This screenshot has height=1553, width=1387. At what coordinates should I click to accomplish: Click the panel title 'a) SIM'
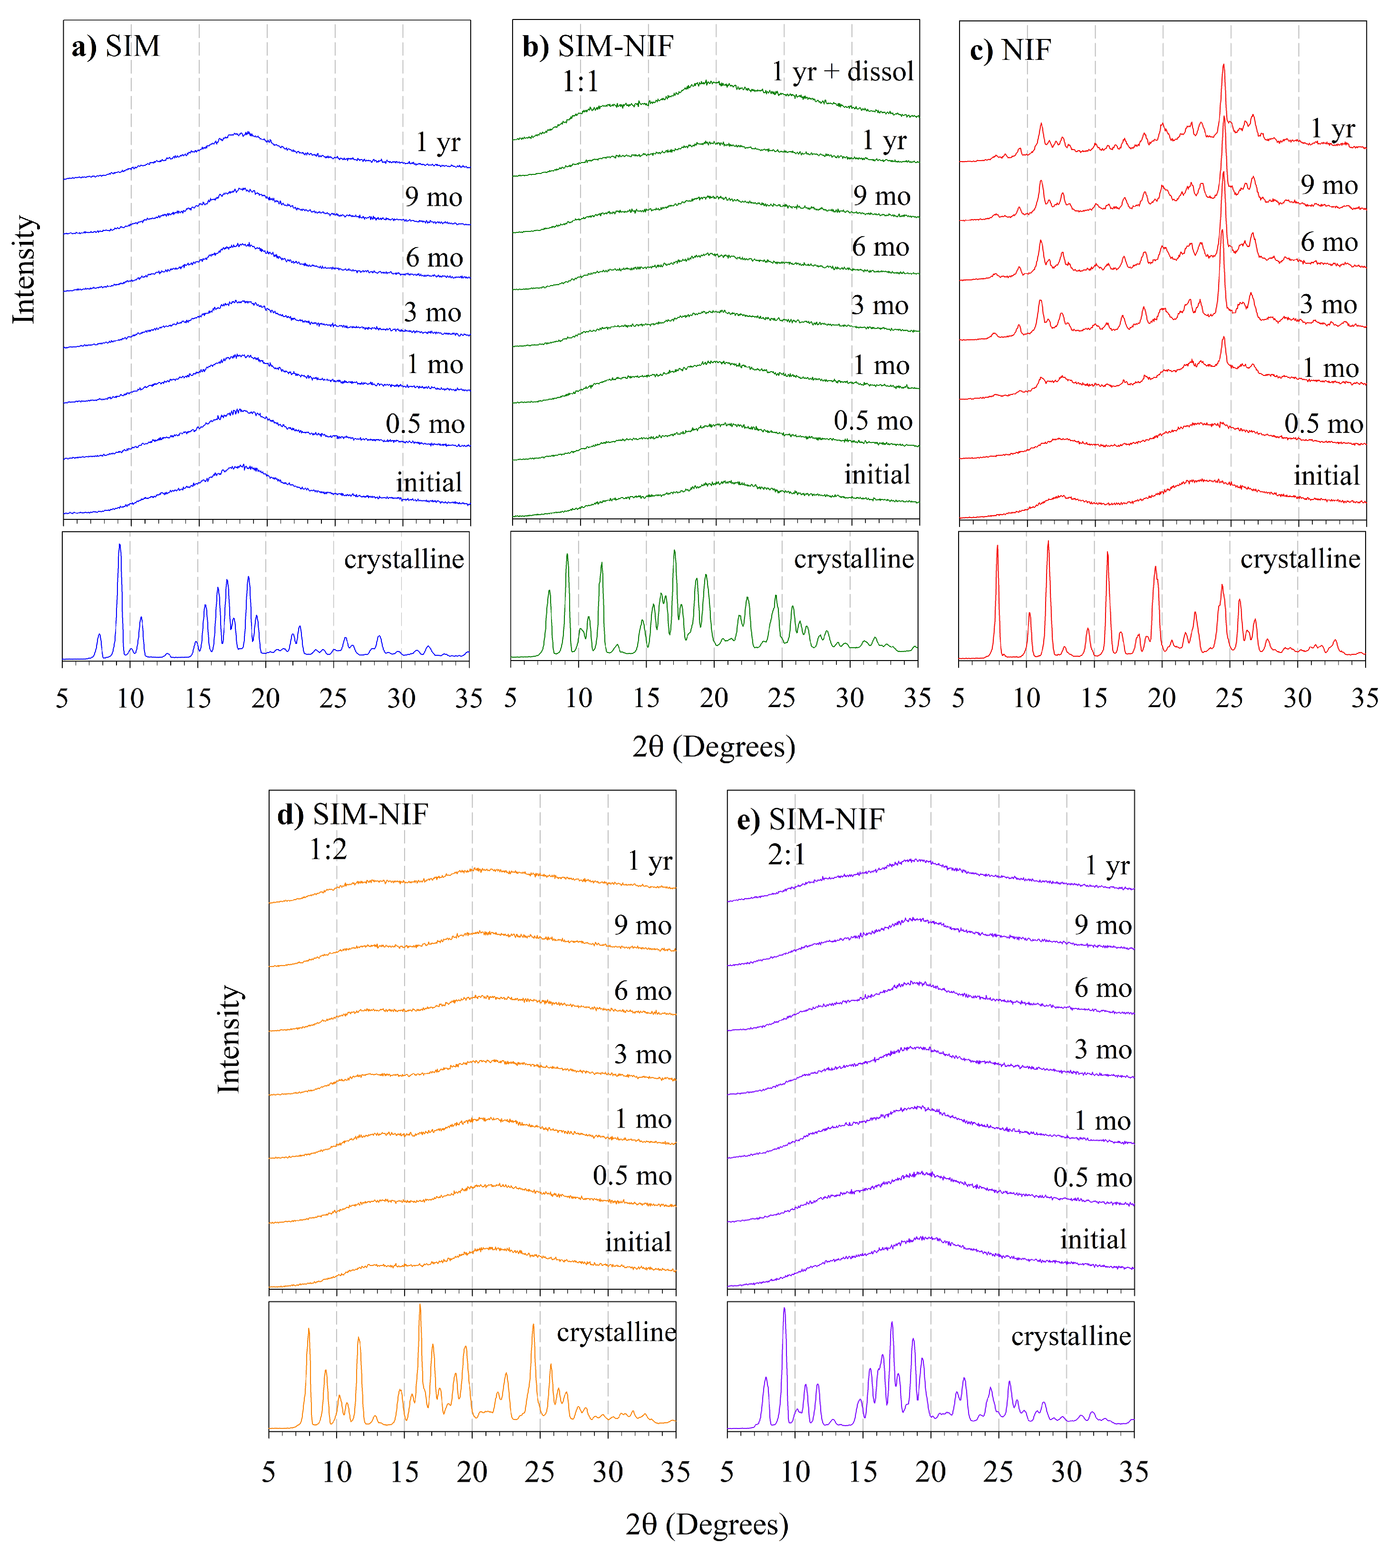coord(116,47)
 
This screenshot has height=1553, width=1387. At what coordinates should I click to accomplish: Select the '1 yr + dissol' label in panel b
coord(842,72)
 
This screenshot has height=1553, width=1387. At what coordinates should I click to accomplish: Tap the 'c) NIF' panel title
coord(1010,50)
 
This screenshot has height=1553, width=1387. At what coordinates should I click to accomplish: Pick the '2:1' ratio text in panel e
coord(786,854)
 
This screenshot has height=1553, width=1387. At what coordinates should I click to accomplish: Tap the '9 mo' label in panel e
coord(1103,925)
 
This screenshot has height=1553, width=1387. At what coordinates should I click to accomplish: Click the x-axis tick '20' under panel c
coord(1162,698)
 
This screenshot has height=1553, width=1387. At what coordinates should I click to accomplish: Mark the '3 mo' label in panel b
coord(880,306)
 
